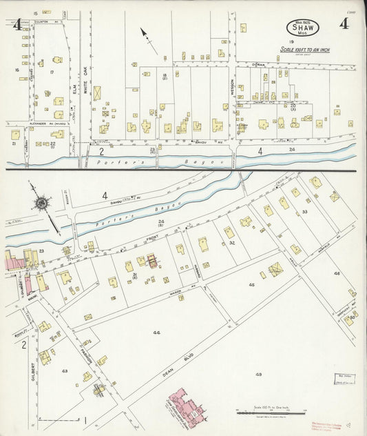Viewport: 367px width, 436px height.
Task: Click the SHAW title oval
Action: [302, 28]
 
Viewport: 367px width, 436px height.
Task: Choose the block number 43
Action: [65, 371]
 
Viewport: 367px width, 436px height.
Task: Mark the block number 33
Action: [304, 211]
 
